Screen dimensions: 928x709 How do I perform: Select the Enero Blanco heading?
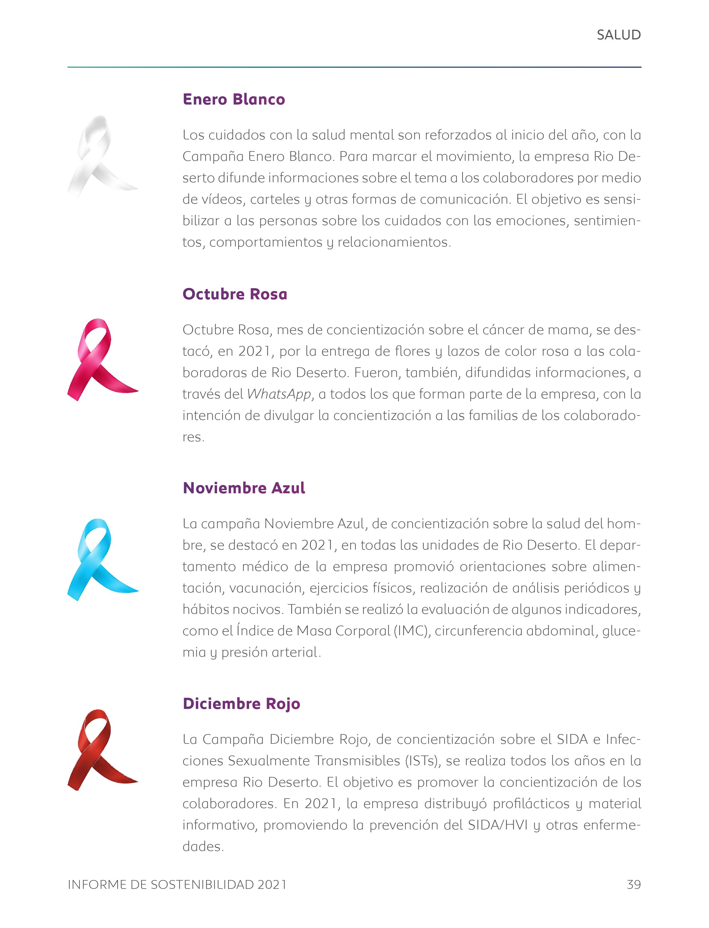(234, 100)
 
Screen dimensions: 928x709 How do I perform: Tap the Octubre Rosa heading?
(235, 294)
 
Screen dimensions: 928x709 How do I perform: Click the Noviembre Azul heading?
(243, 488)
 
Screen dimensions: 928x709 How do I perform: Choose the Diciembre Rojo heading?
(241, 703)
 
